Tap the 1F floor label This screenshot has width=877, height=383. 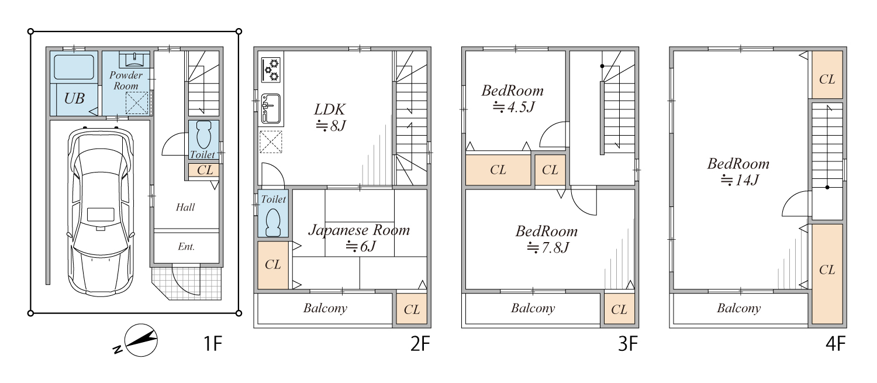coord(213,344)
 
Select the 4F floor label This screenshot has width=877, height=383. coord(835,344)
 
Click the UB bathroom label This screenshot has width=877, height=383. coord(74,98)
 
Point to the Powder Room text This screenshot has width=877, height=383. coord(126,80)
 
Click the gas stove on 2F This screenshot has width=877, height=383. coord(271,70)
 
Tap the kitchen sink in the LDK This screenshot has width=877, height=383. coord(271,109)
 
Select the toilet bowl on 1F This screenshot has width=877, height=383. coord(203,134)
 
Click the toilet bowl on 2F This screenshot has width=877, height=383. coord(273,222)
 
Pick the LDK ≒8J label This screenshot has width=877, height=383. coord(330,117)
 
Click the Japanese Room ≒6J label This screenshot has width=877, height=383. coord(359,238)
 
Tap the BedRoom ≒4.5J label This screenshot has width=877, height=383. coord(513,99)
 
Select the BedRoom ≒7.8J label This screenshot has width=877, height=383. coord(547,239)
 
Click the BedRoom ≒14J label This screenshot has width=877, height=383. coord(738,171)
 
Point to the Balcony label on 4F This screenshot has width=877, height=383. coord(739,308)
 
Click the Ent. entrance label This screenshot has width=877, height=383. coord(187,246)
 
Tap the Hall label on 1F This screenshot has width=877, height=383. coord(185,207)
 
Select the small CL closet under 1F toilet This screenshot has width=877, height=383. coord(203,170)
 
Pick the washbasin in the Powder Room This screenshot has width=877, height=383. coord(135,60)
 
